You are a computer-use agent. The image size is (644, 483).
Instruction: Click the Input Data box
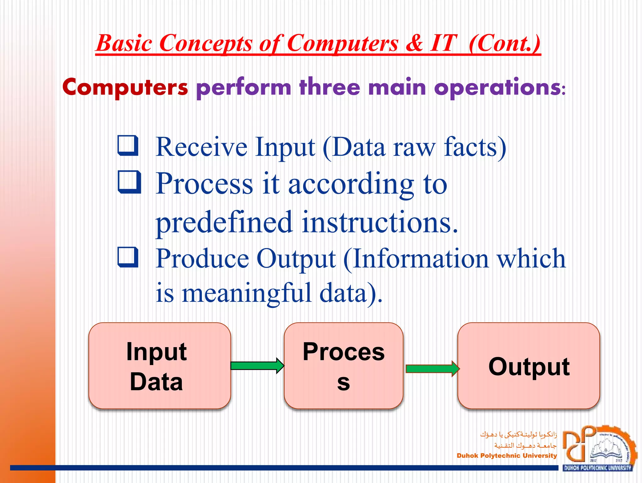point(159,366)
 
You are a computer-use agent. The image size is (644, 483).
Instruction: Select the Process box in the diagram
point(343,366)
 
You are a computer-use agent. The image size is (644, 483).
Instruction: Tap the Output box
point(529,366)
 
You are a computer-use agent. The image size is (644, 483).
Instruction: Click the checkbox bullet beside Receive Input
point(128,146)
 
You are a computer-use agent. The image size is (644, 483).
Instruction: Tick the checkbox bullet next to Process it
point(129,182)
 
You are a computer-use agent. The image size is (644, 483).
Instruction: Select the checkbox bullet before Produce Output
point(128,257)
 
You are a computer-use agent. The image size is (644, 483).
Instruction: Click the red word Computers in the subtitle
point(125,87)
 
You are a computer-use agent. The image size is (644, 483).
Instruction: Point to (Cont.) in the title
point(504,43)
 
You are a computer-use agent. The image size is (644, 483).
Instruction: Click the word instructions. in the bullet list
point(380,222)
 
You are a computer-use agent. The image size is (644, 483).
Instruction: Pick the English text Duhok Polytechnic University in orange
point(507,456)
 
